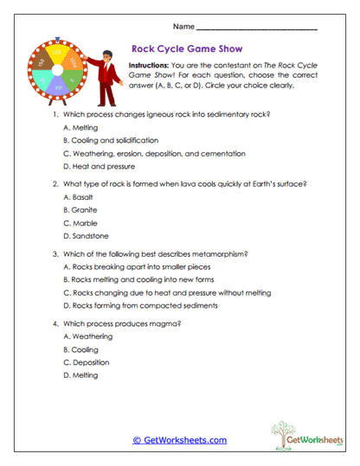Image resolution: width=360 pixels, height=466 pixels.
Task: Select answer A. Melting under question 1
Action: point(80,127)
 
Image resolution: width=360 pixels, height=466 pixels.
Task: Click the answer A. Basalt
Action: point(78,197)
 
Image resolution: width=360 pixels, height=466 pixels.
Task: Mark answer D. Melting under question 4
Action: point(80,375)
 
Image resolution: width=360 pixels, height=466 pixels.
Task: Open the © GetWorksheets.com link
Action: point(179,440)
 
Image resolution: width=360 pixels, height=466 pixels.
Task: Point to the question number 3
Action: point(55,254)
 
